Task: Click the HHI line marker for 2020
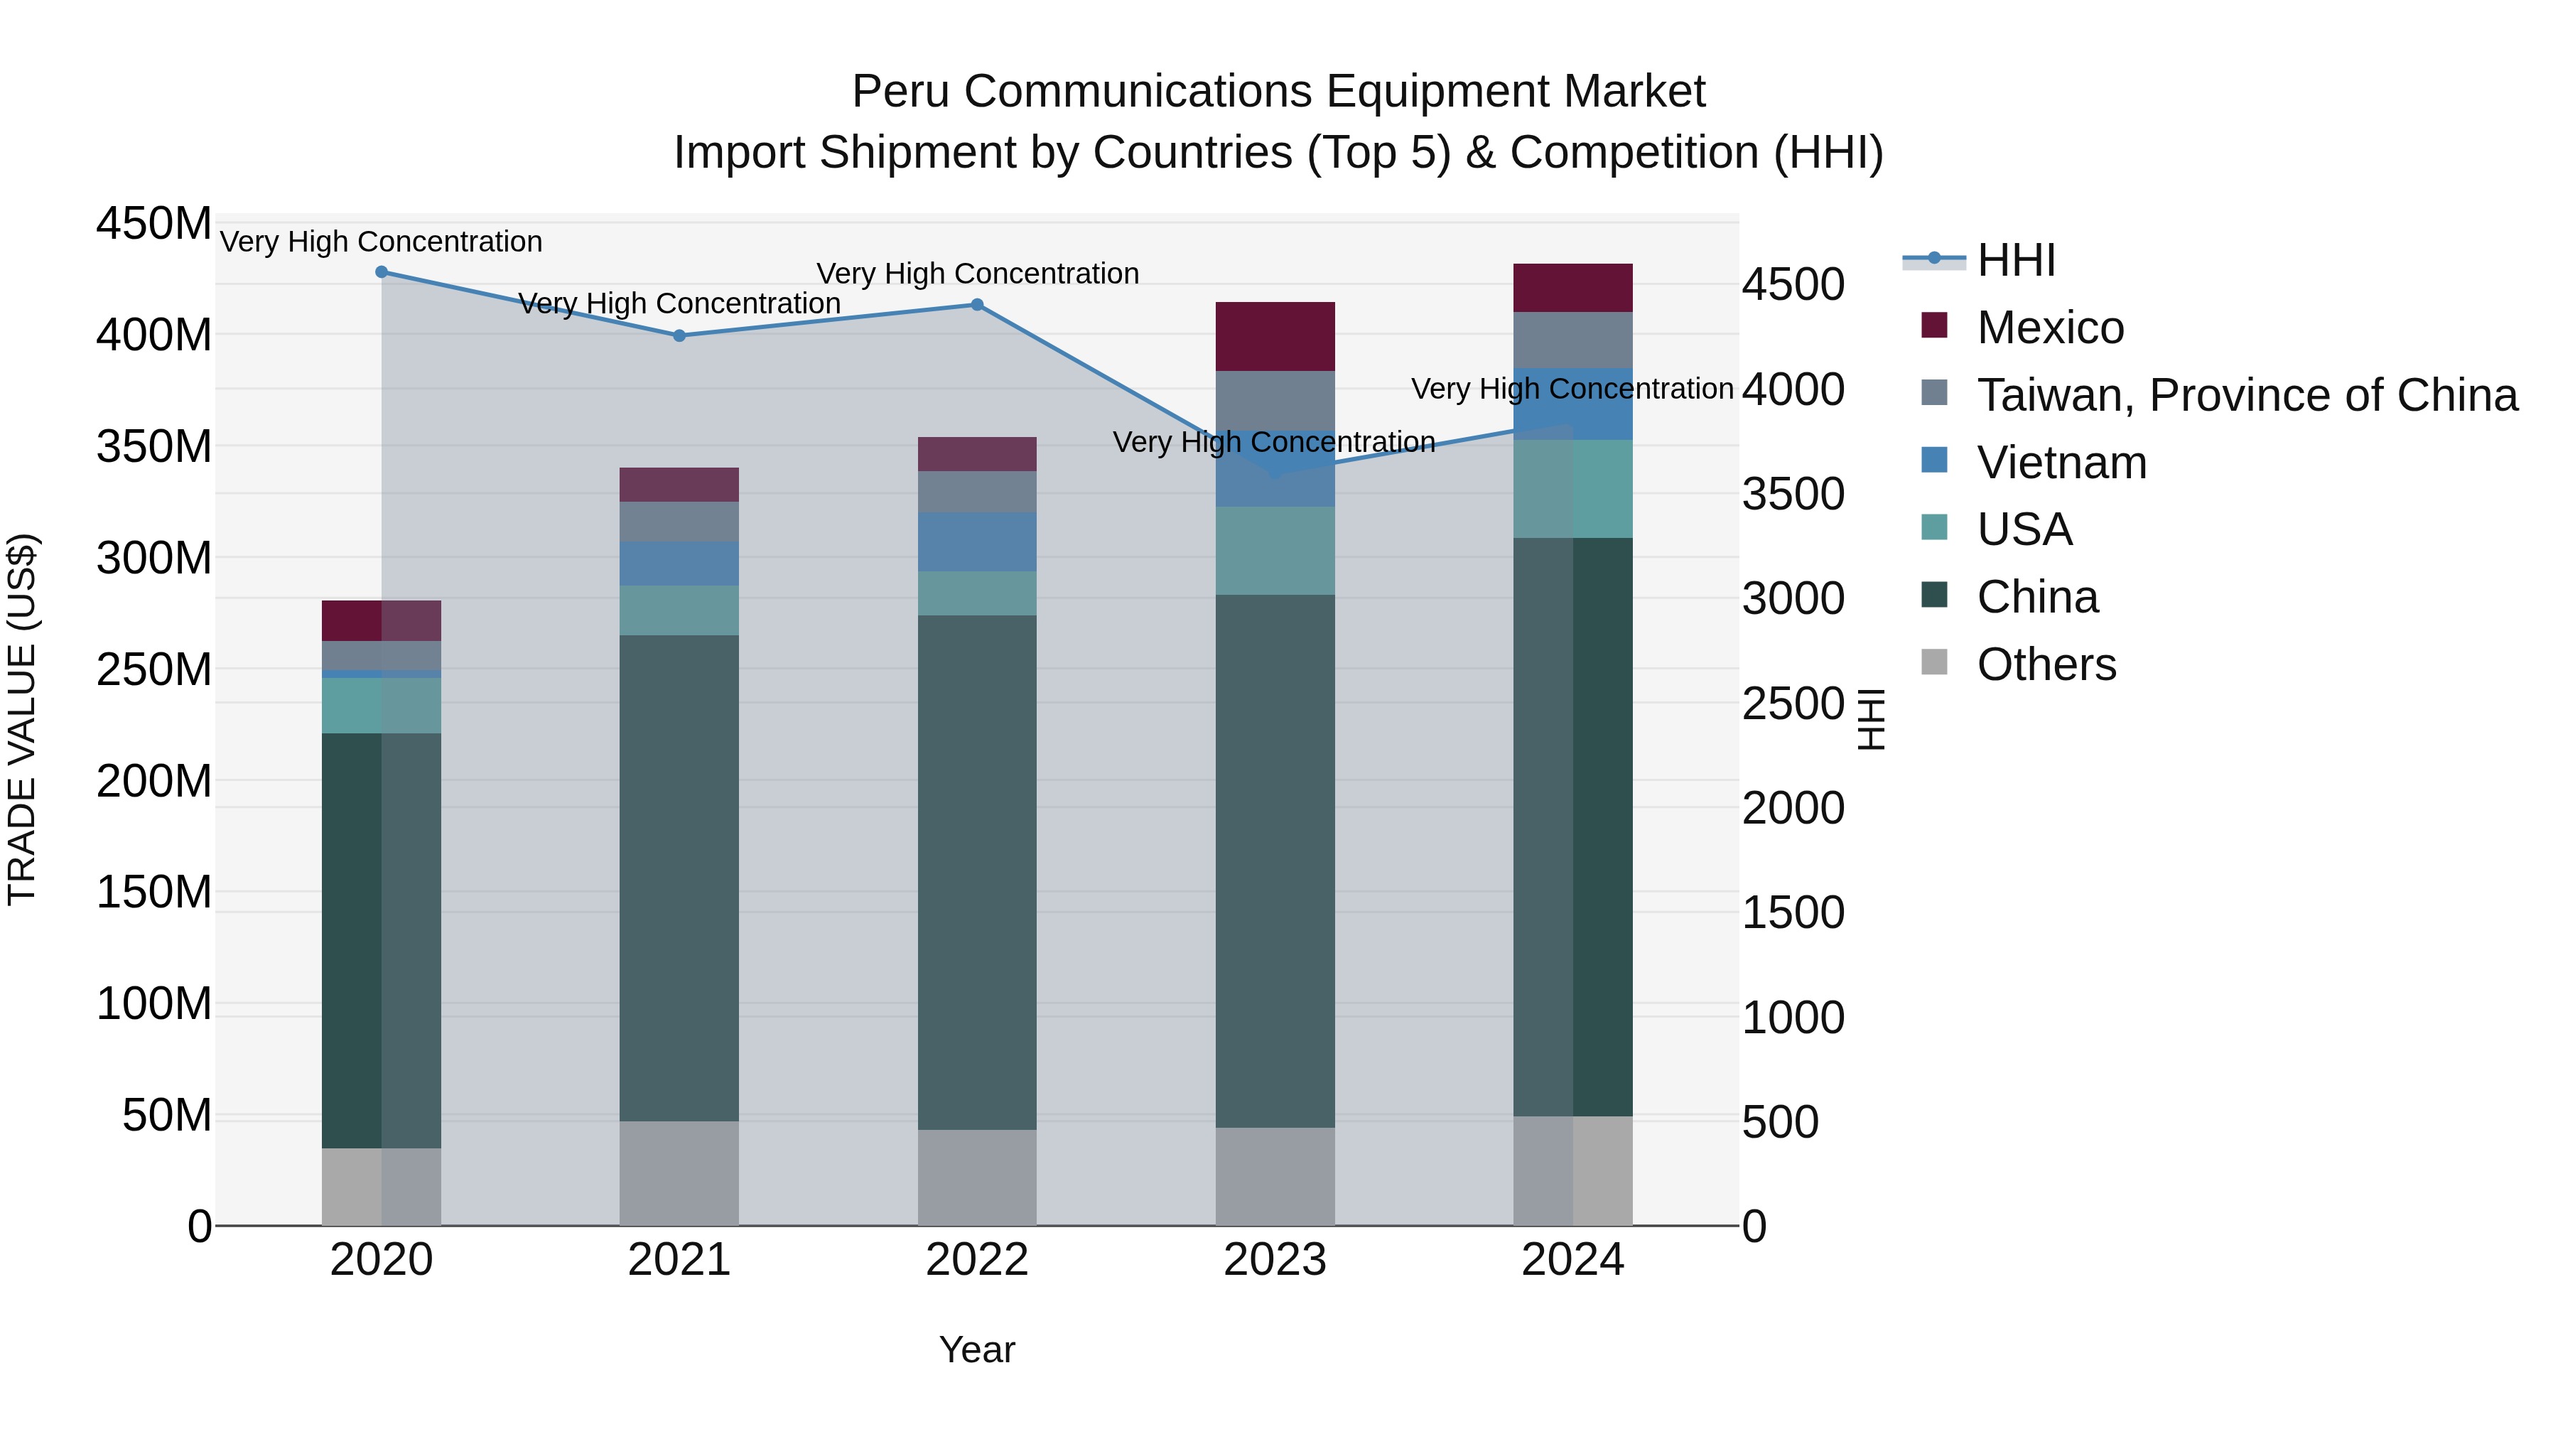click(x=382, y=272)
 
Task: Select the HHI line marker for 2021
click(x=679, y=335)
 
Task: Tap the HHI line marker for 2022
click(x=977, y=305)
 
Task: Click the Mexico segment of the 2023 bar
click(x=1275, y=337)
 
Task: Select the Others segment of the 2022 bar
click(x=977, y=1177)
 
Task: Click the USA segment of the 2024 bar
click(x=1573, y=489)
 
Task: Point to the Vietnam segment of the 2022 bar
click(x=977, y=541)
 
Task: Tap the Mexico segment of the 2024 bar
click(x=1573, y=288)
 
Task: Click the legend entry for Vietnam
click(x=2061, y=463)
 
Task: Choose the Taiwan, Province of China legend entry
click(x=2246, y=395)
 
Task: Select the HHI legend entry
click(x=2015, y=260)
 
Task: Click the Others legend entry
click(x=2046, y=664)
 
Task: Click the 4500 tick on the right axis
click(x=1793, y=285)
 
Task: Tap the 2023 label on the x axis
click(x=1275, y=1260)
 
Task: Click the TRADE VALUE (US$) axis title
click(x=22, y=720)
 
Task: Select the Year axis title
click(x=977, y=1349)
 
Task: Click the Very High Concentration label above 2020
click(x=382, y=242)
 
